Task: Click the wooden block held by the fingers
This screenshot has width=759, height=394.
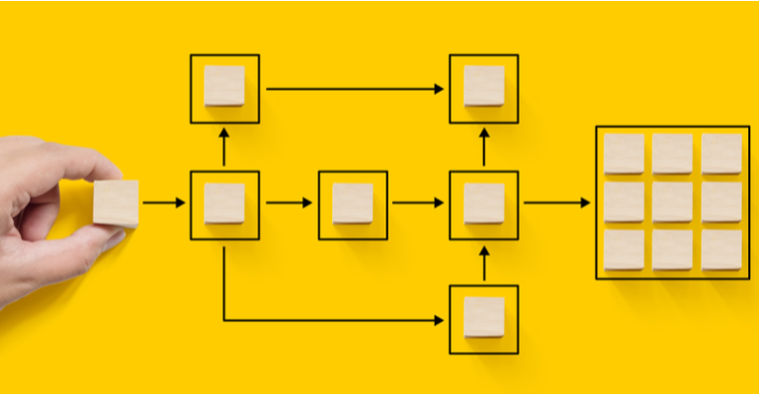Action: pos(116,203)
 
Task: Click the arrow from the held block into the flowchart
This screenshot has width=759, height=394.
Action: pos(163,203)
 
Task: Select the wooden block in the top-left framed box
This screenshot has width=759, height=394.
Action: pos(224,87)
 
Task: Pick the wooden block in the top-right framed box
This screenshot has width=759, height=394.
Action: pos(483,87)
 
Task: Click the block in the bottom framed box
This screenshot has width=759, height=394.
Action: pos(483,318)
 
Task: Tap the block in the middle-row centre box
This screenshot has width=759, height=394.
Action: pos(353,203)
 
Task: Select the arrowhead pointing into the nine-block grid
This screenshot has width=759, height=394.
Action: pos(585,203)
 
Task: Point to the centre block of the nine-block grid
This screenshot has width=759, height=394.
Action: pos(672,201)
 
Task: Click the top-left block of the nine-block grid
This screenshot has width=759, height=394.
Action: pos(624,154)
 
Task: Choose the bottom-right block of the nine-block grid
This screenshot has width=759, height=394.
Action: pos(721,249)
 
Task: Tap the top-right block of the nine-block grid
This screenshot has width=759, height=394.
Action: pos(721,154)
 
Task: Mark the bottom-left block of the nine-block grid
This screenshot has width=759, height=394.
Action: pos(624,249)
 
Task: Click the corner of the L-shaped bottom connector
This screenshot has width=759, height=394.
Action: pos(224,320)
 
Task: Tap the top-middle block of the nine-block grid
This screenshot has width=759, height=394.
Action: pos(672,154)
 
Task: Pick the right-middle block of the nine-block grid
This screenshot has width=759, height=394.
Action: pos(721,201)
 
